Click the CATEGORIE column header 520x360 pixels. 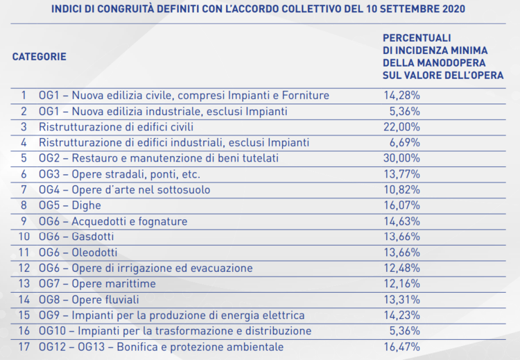click(39, 57)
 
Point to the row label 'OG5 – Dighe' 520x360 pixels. click(70, 205)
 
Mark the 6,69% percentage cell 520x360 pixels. click(403, 142)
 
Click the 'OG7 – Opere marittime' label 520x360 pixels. click(98, 284)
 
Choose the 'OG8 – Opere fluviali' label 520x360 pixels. click(89, 300)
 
